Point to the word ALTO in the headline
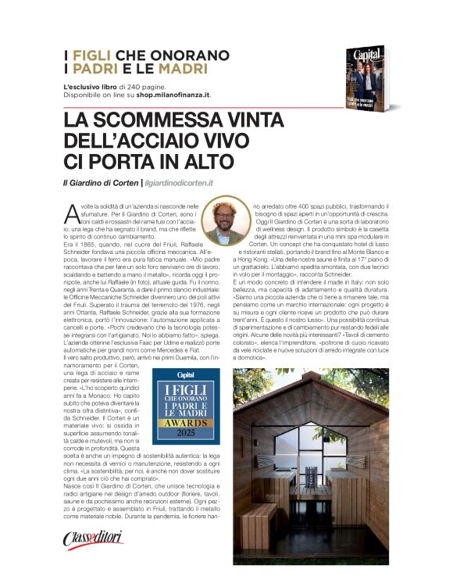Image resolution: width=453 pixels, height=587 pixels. tap(205, 162)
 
